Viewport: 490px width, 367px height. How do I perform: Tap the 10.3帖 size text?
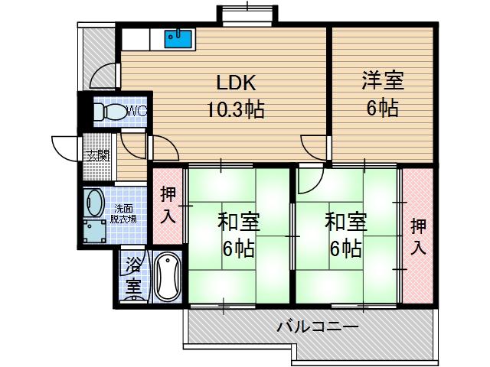pyautogui.click(x=234, y=109)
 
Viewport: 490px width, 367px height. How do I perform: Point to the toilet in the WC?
pyautogui.click(x=108, y=112)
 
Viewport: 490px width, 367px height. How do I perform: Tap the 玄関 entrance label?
pyautogui.click(x=97, y=156)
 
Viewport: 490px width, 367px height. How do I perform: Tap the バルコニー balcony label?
pyautogui.click(x=317, y=327)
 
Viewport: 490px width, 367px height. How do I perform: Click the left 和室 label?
pyautogui.click(x=238, y=222)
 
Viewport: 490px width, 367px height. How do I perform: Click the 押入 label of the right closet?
pyautogui.click(x=419, y=236)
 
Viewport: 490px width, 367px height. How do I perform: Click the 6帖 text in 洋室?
pyautogui.click(x=381, y=109)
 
